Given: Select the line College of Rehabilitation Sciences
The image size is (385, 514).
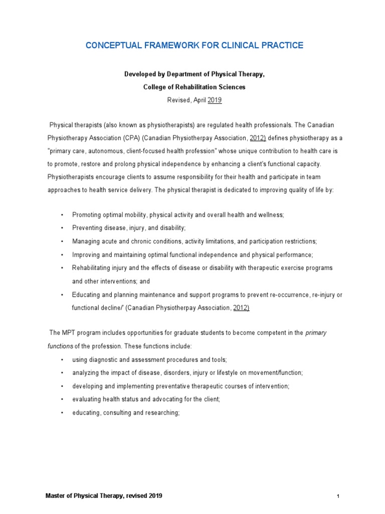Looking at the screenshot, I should pos(195,87).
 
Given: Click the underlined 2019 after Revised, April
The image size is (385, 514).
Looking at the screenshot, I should pos(215,100).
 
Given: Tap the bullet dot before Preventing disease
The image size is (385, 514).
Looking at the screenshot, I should pos(62,228).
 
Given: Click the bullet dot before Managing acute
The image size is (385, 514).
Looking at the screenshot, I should pos(62,241).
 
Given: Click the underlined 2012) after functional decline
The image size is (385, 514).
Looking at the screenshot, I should pos(241,308).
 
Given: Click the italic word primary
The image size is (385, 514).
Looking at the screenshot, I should pos(316,333).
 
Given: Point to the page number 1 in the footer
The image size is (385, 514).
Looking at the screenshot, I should pos(338,496).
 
